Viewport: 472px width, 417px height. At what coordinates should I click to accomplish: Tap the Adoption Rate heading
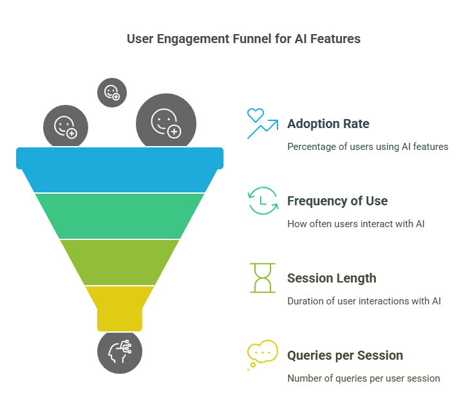click(x=328, y=124)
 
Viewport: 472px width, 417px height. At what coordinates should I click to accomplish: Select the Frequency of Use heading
click(x=337, y=201)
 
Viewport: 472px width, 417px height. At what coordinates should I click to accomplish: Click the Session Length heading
click(x=332, y=278)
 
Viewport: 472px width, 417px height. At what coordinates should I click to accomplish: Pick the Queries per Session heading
click(x=345, y=355)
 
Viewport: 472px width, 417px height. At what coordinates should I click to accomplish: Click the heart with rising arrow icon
click(x=263, y=124)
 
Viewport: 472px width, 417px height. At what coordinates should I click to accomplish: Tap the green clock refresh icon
click(x=263, y=201)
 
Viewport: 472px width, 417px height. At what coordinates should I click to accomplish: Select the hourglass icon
click(x=263, y=278)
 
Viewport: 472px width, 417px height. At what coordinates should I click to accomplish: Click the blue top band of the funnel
click(x=120, y=170)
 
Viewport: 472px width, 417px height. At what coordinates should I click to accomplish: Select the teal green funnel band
click(x=120, y=216)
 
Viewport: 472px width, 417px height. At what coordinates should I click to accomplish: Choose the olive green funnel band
click(x=120, y=262)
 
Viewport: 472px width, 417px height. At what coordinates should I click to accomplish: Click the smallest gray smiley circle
click(x=112, y=93)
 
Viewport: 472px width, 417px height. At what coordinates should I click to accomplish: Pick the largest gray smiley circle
click(x=166, y=122)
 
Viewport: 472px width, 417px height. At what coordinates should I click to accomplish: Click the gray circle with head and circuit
click(x=120, y=352)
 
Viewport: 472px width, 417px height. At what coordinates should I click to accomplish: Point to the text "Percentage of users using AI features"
click(x=368, y=147)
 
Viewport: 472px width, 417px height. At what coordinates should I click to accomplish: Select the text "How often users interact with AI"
click(x=356, y=224)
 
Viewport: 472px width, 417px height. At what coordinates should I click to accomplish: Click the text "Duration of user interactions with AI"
click(x=364, y=301)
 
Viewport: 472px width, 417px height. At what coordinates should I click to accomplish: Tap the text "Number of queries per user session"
click(x=364, y=378)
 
